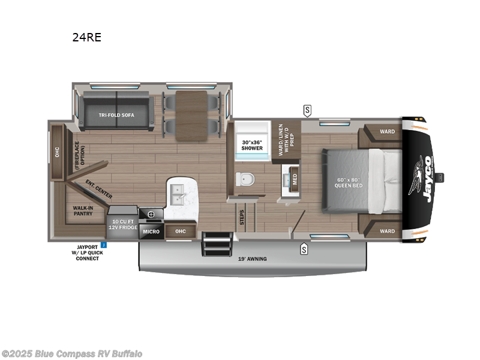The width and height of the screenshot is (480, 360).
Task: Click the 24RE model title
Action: pos(86,37)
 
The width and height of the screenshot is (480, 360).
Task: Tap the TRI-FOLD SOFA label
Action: pos(116,114)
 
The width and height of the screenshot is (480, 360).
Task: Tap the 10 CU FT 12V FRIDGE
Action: pos(122,224)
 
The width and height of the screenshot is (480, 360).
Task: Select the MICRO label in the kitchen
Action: pos(151,231)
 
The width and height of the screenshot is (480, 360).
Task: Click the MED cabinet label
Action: pos(294,179)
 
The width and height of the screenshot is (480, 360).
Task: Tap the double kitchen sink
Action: pos(178,193)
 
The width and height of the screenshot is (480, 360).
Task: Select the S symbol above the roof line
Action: pos(307,110)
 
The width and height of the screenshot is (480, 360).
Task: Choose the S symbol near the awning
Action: pos(304,248)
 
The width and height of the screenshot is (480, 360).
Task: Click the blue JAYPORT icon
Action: pos(103,245)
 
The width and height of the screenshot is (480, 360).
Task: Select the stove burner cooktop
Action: pos(151,213)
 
